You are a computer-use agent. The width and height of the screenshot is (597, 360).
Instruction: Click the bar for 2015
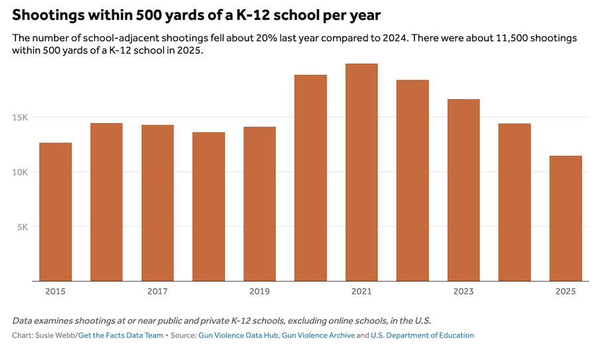56,211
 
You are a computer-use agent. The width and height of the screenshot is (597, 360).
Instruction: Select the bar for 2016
107,202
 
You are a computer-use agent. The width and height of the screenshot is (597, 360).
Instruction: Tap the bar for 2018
209,206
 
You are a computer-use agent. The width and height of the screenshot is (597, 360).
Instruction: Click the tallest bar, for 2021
362,172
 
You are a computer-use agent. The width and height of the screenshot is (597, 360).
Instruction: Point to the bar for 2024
515,202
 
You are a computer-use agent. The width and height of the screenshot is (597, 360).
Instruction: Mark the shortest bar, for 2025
566,218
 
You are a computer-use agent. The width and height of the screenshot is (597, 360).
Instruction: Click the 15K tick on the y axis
19,117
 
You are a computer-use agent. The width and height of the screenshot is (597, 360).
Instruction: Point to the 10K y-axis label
19,172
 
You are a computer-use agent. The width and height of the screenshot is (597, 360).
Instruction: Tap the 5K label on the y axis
22,227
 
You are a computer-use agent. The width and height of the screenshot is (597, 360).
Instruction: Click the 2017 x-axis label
157,292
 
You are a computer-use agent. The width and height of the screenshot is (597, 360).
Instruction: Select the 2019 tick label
259,292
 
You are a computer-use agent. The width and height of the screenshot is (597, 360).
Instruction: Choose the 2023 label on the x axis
464,292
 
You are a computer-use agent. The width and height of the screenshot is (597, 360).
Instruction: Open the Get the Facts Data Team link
121,335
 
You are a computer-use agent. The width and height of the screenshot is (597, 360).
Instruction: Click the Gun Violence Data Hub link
238,335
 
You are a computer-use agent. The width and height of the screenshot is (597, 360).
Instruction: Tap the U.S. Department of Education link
422,335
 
